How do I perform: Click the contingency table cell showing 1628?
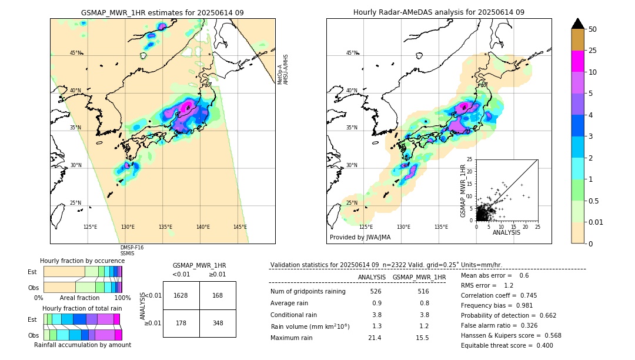pyautogui.click(x=181, y=295)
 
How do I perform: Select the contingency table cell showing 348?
pyautogui.click(x=218, y=324)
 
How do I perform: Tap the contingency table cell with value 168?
pyautogui.click(x=218, y=295)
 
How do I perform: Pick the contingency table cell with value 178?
pyautogui.click(x=181, y=324)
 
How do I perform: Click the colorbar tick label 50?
pyautogui.click(x=593, y=29)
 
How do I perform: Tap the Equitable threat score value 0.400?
pyautogui.click(x=541, y=345)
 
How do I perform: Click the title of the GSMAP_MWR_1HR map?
pyautogui.click(x=162, y=12)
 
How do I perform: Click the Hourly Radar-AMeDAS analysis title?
pyautogui.click(x=439, y=12)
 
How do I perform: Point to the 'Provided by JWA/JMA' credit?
pyautogui.click(x=360, y=237)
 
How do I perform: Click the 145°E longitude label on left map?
pyautogui.click(x=240, y=227)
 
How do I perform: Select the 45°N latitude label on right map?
pyautogui.click(x=352, y=53)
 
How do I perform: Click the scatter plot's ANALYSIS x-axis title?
pyautogui.click(x=507, y=232)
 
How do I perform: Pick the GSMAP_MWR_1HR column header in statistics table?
pyautogui.click(x=419, y=277)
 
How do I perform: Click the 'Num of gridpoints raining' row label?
pyautogui.click(x=308, y=291)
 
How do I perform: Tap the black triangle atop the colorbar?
pyautogui.click(x=578, y=24)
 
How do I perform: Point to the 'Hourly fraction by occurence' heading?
pyautogui.click(x=82, y=261)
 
